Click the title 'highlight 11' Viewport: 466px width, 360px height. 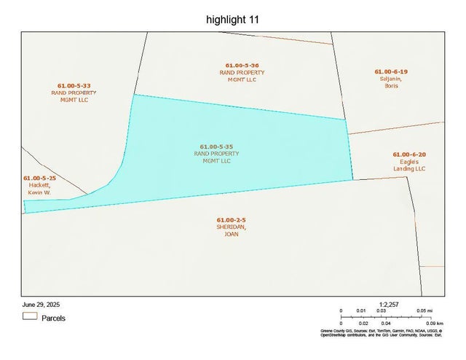[x=232, y=20]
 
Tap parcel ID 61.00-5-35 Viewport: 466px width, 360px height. [x=216, y=146]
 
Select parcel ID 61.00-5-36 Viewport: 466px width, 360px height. [x=242, y=66]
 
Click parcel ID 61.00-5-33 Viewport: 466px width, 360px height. [x=74, y=86]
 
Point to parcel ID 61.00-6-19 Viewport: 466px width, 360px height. [x=391, y=71]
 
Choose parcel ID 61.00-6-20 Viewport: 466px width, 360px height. [x=408, y=154]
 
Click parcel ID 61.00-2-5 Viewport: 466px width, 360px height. [x=231, y=219]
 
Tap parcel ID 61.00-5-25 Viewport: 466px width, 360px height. [x=39, y=178]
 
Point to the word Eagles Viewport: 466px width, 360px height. [x=408, y=162]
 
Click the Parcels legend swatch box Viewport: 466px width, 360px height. [x=29, y=317]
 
